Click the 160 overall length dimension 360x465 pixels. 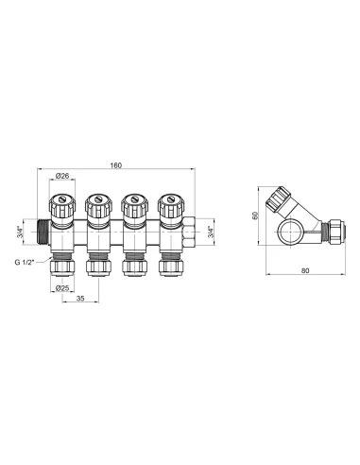[115, 166]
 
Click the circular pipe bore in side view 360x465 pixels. [288, 231]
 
